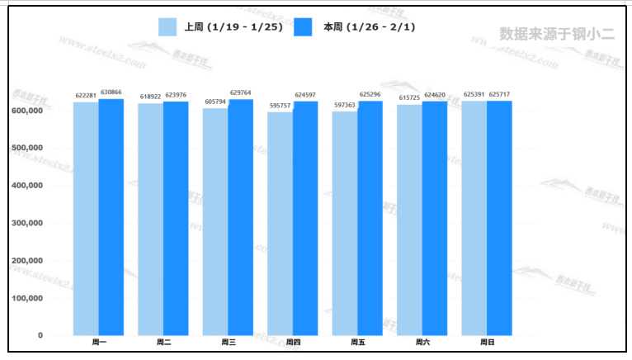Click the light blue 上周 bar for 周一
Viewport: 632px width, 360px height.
tap(86, 219)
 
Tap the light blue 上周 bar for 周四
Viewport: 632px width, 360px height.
tap(280, 224)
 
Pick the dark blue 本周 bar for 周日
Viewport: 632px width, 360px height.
tap(499, 218)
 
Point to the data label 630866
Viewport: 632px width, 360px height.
tap(111, 92)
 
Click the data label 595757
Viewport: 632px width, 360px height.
tap(280, 106)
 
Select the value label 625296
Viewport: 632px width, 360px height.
tap(370, 94)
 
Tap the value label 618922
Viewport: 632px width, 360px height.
tap(150, 97)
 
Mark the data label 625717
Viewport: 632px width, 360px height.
tap(500, 94)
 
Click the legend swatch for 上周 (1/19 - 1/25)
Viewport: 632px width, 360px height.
tap(168, 27)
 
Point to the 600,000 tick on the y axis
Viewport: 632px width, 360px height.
tap(28, 111)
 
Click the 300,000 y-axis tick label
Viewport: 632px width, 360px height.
tap(28, 223)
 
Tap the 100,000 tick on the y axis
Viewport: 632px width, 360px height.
tap(28, 298)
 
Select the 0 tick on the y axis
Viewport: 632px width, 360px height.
tap(40, 335)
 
